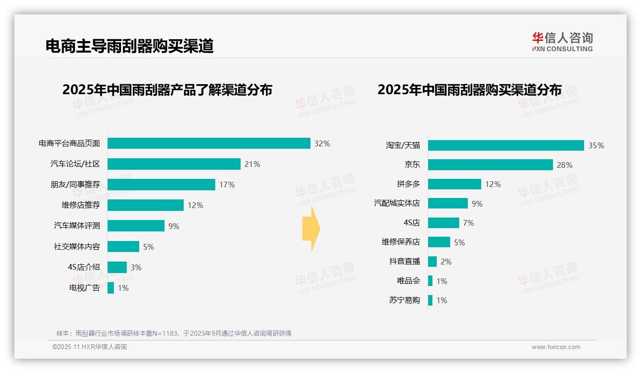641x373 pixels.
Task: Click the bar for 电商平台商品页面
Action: click(x=209, y=143)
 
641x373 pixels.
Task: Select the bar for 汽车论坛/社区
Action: click(x=174, y=164)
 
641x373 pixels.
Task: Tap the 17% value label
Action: click(x=227, y=185)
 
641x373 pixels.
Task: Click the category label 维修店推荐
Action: click(x=81, y=205)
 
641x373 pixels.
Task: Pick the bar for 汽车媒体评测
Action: click(x=136, y=226)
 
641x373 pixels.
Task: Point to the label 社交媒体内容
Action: click(x=77, y=247)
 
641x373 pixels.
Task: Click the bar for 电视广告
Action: click(x=111, y=288)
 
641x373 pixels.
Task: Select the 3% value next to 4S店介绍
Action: click(x=136, y=267)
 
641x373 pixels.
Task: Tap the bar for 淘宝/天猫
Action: click(x=506, y=145)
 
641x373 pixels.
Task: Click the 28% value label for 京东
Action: click(x=564, y=165)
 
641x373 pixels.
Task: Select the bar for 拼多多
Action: click(x=454, y=184)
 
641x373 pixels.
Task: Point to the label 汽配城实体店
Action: click(x=397, y=203)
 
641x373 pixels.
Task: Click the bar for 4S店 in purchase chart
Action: click(x=443, y=223)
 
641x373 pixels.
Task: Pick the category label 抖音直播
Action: click(x=404, y=262)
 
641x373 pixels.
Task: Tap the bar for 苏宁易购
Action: click(x=430, y=300)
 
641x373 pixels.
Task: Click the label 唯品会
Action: click(x=408, y=281)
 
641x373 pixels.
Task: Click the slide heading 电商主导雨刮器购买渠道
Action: click(x=129, y=46)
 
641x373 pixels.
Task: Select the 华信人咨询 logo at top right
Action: click(x=562, y=42)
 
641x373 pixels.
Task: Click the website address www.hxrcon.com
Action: click(x=555, y=347)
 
